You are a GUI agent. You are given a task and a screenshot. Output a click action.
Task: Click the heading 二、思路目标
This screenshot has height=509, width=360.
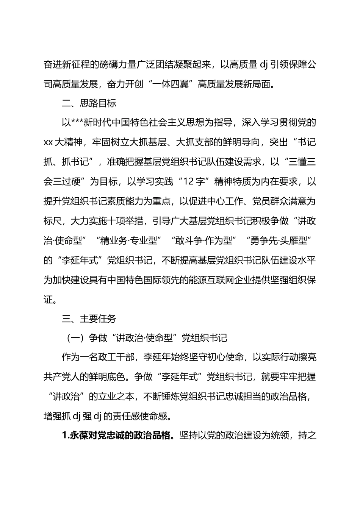pos(89,103)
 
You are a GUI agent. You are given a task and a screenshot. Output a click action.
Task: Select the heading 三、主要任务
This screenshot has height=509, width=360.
pos(89,319)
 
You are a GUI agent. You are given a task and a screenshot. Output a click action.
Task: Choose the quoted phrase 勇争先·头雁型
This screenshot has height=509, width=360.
pos(279,240)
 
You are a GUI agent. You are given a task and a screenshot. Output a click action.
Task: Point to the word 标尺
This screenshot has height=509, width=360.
pos(53,221)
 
